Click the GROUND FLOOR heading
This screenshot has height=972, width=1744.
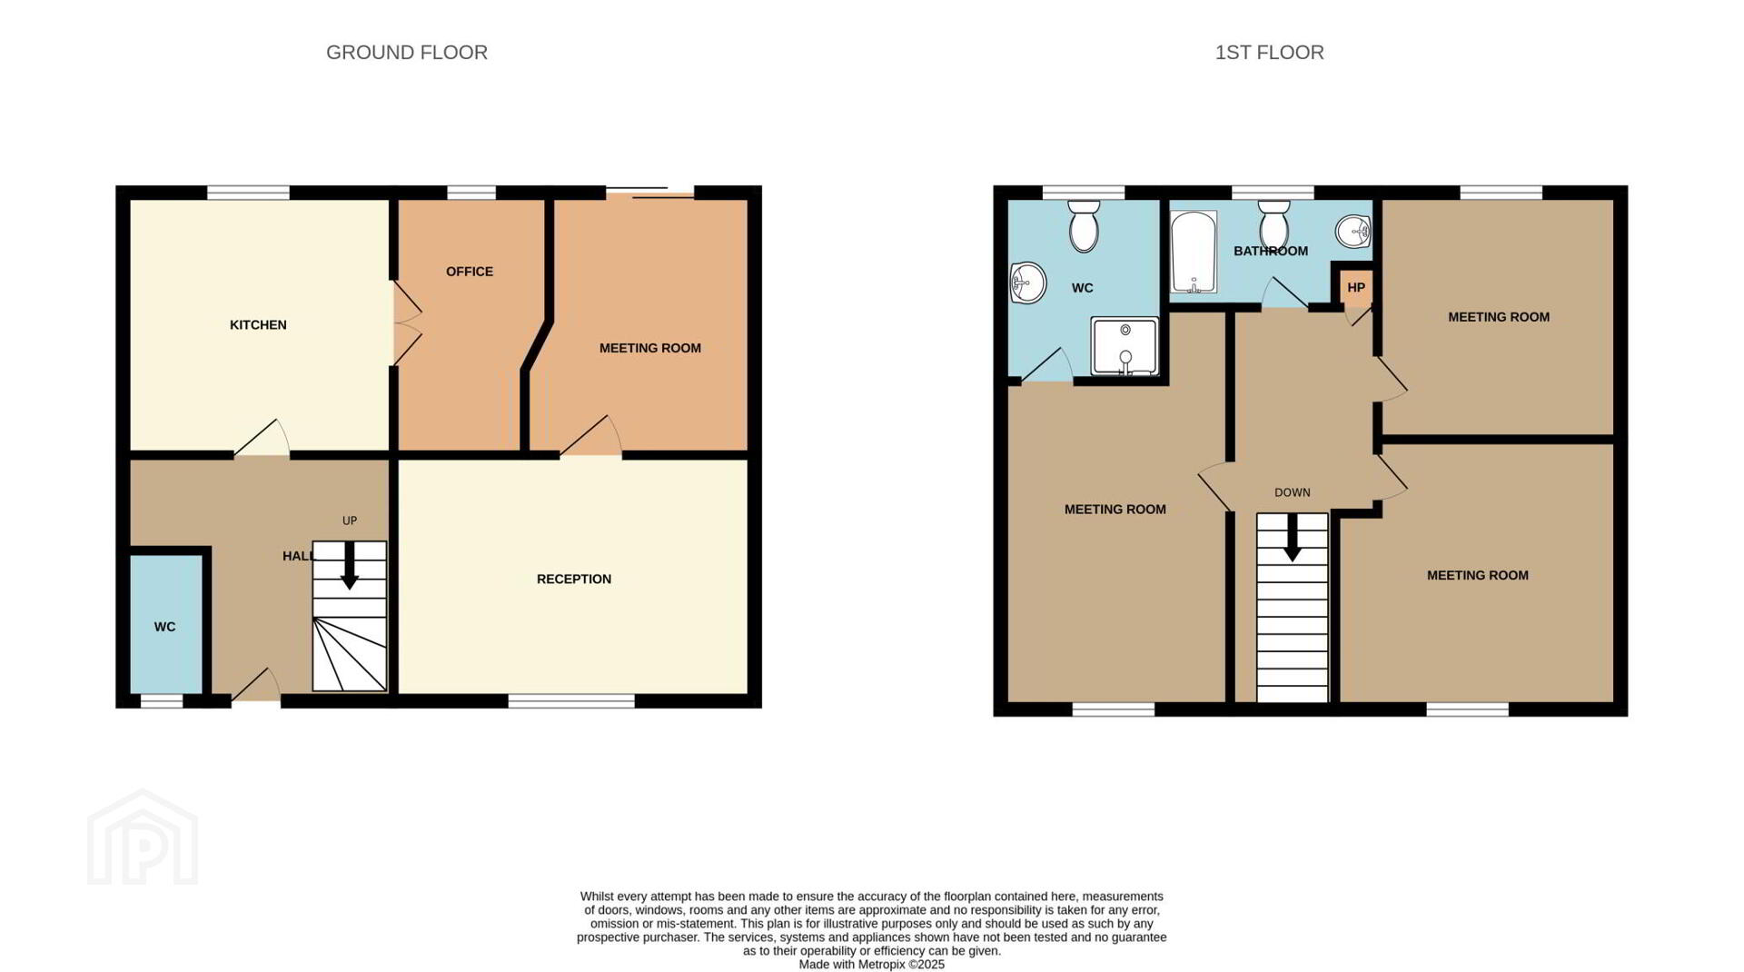tap(407, 53)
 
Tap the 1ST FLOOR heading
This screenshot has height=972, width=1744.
tap(1269, 53)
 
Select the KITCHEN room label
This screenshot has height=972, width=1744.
tap(258, 325)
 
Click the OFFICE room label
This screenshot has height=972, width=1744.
tap(470, 272)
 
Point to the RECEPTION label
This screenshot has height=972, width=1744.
tap(574, 580)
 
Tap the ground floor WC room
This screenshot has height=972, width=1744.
tap(165, 624)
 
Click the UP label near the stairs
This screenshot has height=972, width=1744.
tap(350, 521)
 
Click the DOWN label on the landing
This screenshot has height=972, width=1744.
tap(1293, 493)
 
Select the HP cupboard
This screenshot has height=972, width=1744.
tap(1356, 287)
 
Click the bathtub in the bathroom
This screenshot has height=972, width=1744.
tap(1194, 252)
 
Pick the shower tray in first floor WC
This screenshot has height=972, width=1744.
tap(1125, 346)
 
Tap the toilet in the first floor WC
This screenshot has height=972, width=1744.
tap(1084, 225)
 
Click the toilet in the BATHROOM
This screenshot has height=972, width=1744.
tap(1274, 223)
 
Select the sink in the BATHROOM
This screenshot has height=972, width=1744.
tap(1353, 232)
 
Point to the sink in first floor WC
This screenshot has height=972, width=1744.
tap(1027, 282)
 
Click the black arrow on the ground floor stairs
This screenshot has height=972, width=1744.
tap(349, 565)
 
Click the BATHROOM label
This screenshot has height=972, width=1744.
tap(1271, 252)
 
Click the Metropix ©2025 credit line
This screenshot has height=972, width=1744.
tap(872, 965)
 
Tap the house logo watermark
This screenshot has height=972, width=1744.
tap(143, 838)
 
